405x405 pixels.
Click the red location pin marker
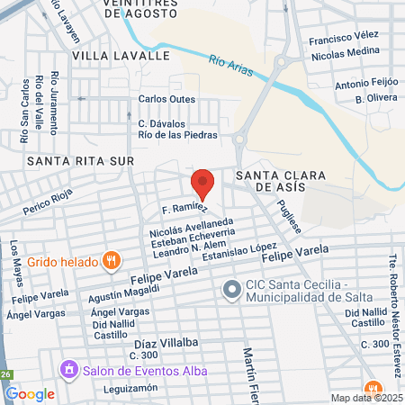203,184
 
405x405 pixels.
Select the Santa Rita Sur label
80,161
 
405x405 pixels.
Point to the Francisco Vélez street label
343,40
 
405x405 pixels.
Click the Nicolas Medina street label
345,55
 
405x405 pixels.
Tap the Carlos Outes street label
166,99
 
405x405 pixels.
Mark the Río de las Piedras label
177,134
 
